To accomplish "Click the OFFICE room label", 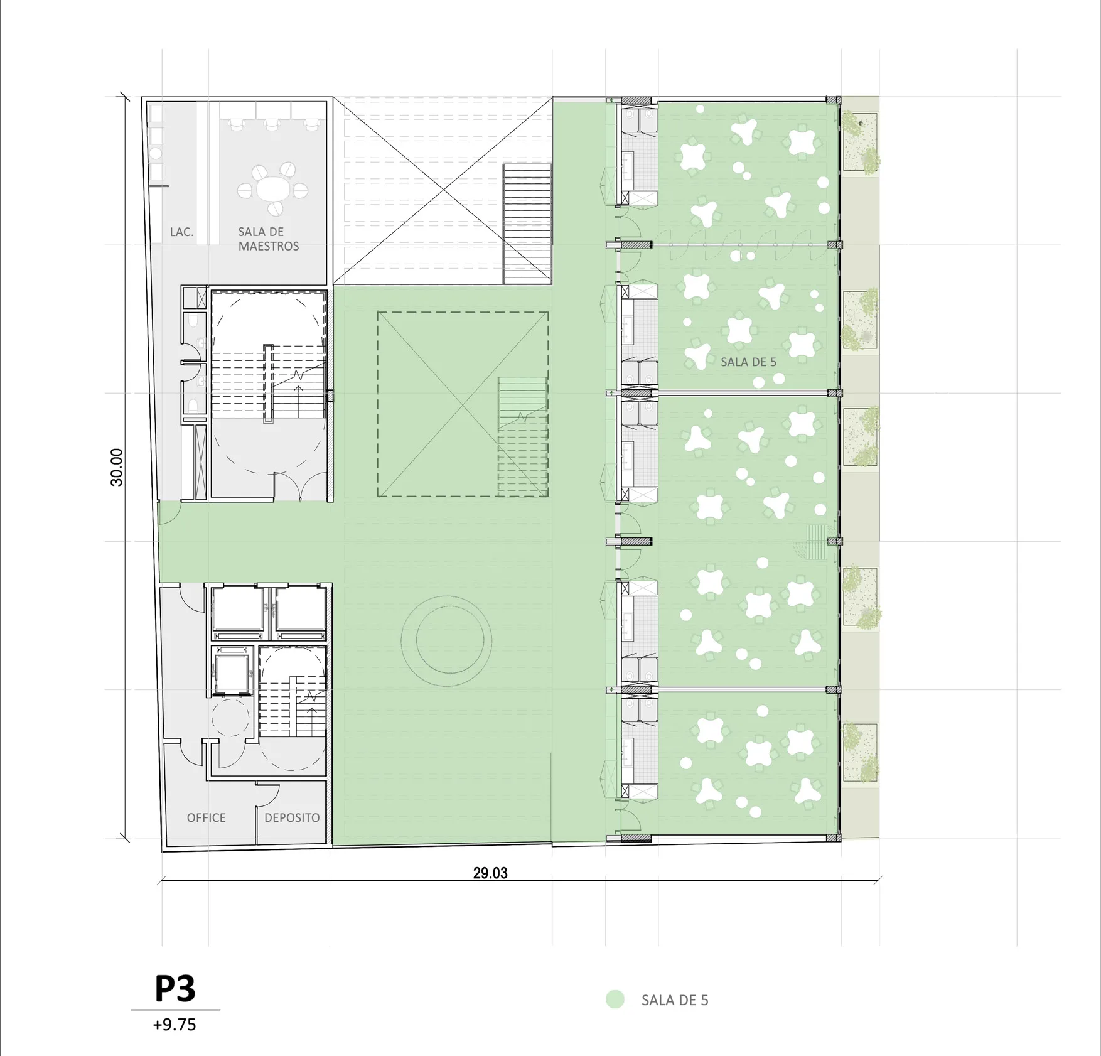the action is (x=206, y=817).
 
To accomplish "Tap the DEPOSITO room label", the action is (x=292, y=817).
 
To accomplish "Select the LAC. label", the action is (x=181, y=232).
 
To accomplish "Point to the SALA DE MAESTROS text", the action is (x=268, y=239).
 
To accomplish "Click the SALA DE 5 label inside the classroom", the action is (x=748, y=362).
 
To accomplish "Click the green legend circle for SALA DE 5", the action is (x=615, y=999).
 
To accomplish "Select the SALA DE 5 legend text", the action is (x=675, y=1000).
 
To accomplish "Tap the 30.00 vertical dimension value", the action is (x=117, y=467).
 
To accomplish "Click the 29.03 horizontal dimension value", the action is (x=490, y=873).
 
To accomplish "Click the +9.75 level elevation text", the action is (x=175, y=1025).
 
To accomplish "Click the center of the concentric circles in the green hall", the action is (x=446, y=640).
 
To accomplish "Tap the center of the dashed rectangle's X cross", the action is (x=463, y=404).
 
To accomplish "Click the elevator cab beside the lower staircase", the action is (x=232, y=672).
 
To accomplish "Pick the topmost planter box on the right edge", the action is (x=860, y=142).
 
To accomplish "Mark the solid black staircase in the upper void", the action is (x=527, y=224).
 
